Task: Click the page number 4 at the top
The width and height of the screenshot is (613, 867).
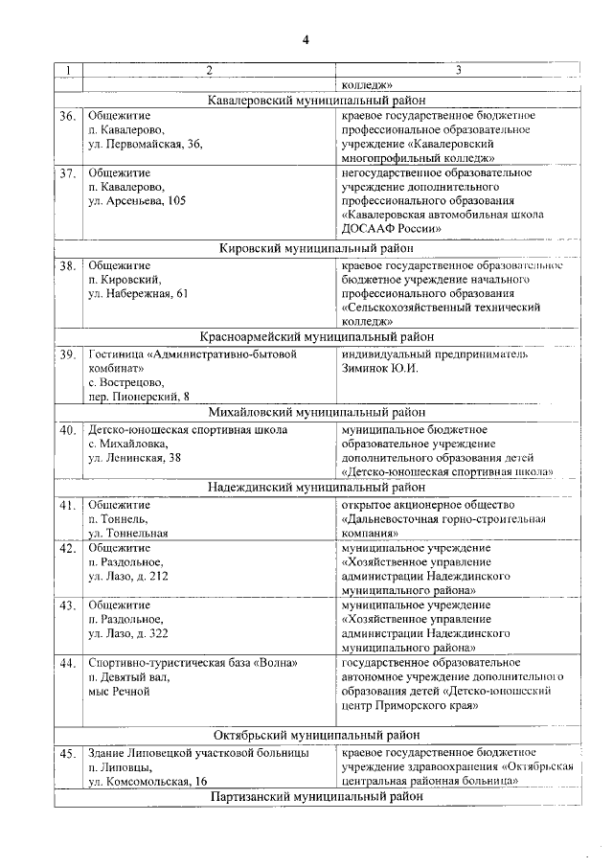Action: tap(306, 39)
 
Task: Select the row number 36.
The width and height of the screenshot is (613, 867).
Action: tap(67, 117)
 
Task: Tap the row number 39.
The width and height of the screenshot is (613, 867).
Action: tap(67, 355)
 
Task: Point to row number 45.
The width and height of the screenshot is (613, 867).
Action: tap(67, 755)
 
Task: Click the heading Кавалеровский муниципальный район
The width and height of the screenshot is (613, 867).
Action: tap(317, 100)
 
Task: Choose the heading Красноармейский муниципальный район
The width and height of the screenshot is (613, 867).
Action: tap(317, 337)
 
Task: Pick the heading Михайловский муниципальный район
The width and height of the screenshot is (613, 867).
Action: tap(317, 413)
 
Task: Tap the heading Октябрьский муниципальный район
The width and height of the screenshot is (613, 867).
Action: tap(317, 736)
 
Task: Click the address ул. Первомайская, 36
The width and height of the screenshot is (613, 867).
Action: tap(146, 145)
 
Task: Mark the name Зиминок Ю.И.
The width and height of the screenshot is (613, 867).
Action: tap(380, 369)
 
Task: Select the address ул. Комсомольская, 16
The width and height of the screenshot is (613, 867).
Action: tap(148, 782)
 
